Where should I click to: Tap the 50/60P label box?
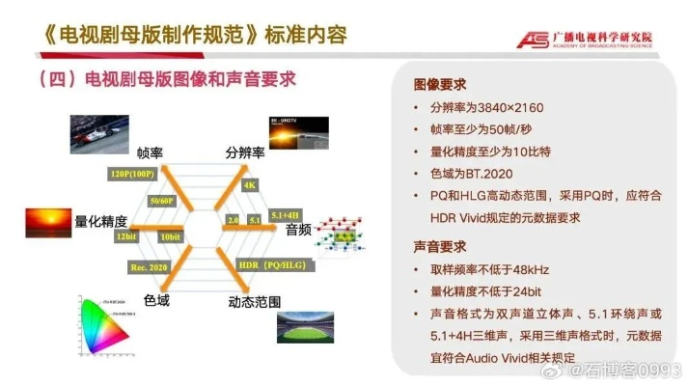(x=161, y=201)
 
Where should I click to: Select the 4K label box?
(x=249, y=184)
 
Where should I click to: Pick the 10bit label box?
(x=170, y=236)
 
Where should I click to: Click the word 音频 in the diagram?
(x=297, y=230)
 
